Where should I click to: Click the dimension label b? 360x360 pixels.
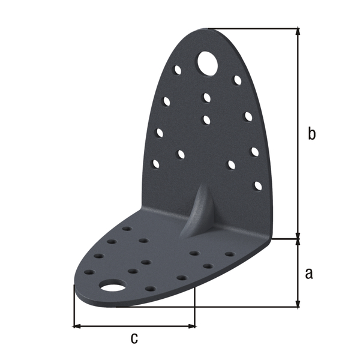(311, 134)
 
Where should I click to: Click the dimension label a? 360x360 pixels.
(309, 273)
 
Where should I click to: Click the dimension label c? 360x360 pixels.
(134, 338)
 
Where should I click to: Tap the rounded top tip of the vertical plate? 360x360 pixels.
(207, 30)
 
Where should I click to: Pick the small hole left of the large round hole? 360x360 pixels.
(178, 70)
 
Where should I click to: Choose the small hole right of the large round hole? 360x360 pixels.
(237, 80)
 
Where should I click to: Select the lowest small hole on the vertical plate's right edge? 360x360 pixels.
(258, 185)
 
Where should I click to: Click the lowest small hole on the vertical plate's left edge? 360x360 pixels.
(156, 163)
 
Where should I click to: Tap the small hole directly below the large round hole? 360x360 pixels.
(207, 97)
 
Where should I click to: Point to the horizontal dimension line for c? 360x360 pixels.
(134, 326)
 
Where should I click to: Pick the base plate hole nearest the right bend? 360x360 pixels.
(229, 254)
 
